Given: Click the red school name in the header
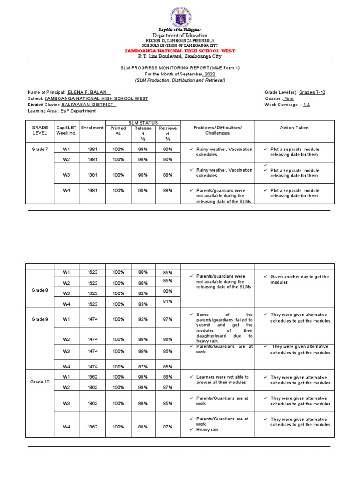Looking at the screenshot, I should click(x=180, y=51).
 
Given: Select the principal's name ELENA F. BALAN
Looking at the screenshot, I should click(x=87, y=92).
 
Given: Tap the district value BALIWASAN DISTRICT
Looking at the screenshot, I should click(x=89, y=105).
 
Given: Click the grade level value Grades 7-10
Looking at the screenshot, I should click(x=312, y=92).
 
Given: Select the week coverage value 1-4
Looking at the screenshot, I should click(x=307, y=105).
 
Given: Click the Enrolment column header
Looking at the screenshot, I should click(x=92, y=127).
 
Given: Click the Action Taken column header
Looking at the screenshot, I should click(x=294, y=127).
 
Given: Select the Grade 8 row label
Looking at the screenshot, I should click(x=40, y=290).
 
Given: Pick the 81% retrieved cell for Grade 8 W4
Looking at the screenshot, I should click(x=168, y=301).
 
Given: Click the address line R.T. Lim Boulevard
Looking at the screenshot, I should click(x=180, y=56).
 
